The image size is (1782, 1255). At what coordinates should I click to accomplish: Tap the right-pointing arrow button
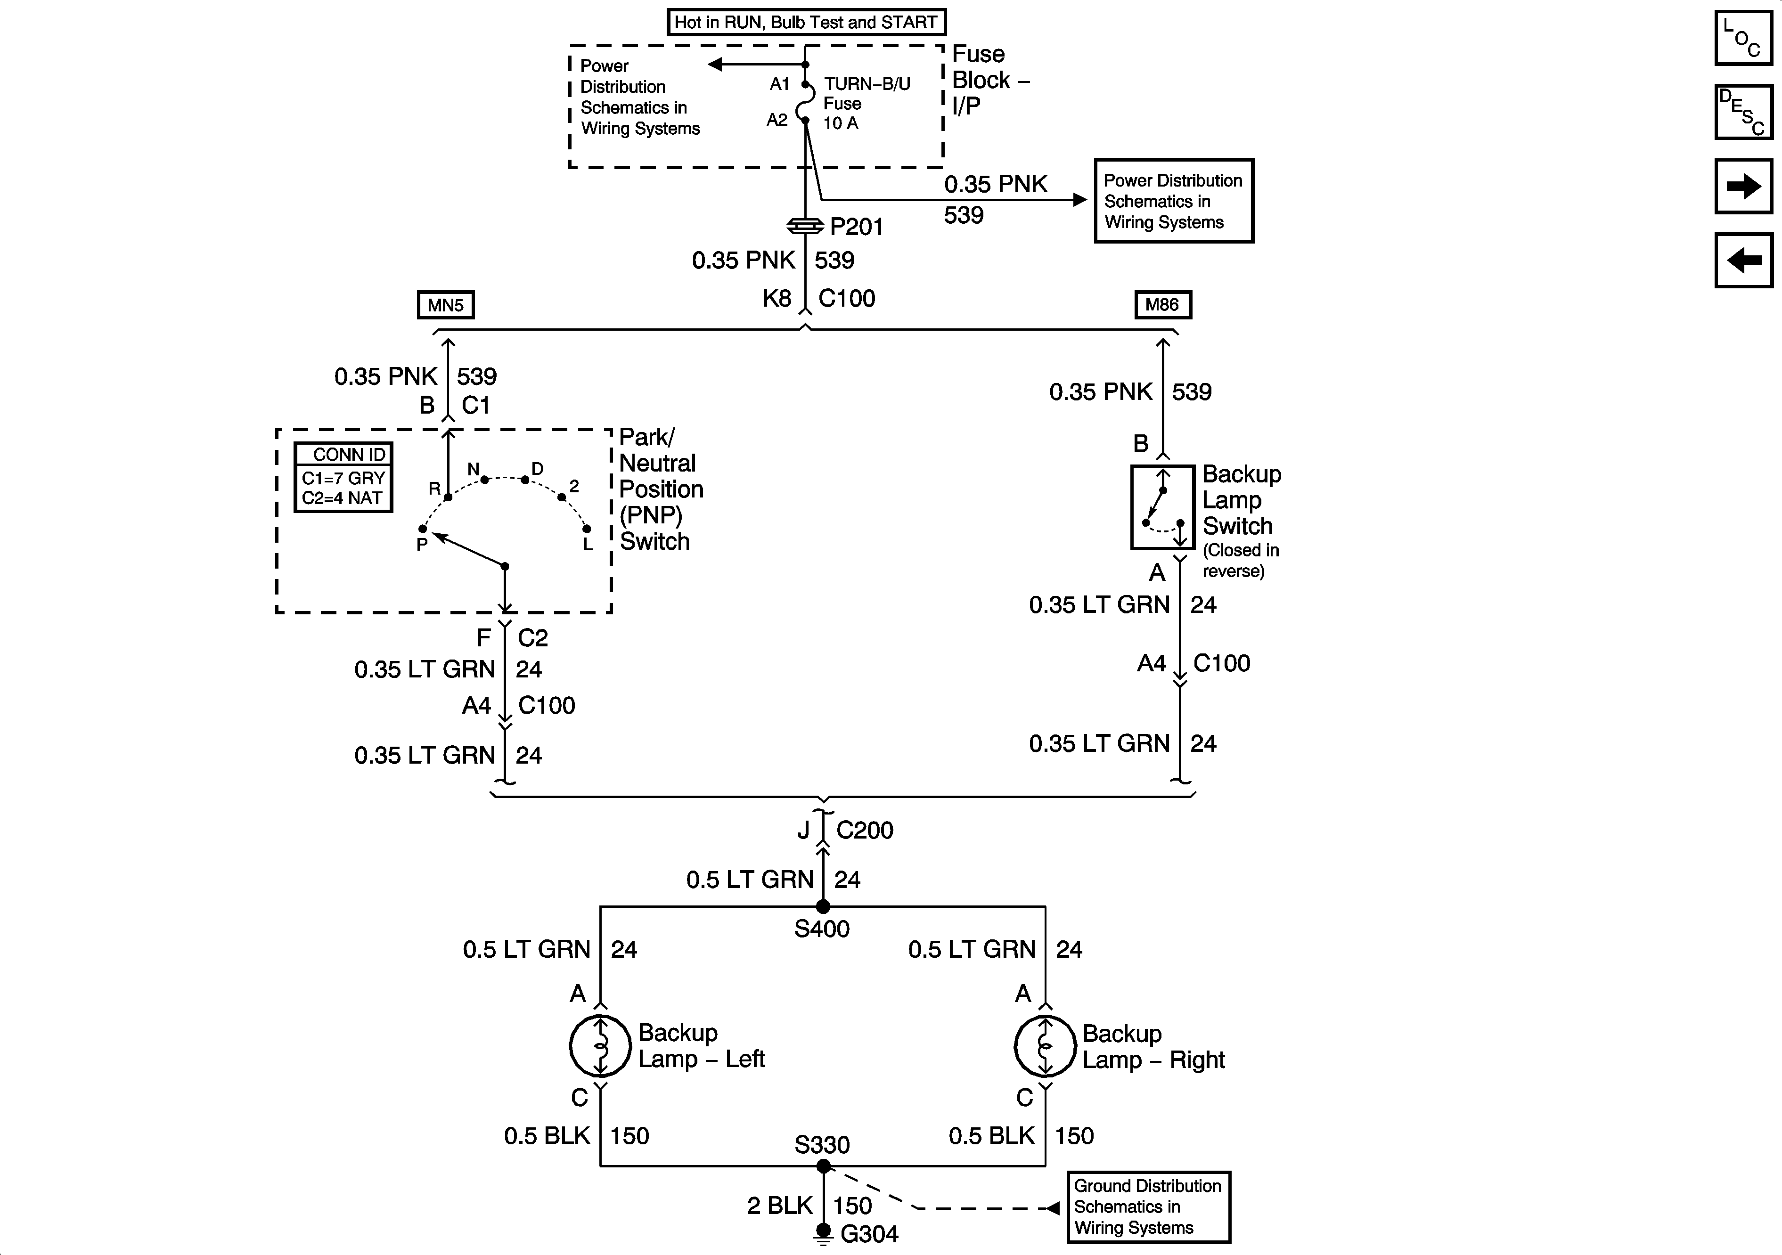[1743, 186]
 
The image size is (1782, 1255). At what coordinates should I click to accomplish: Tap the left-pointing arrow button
[1743, 260]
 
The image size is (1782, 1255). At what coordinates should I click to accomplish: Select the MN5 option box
[446, 305]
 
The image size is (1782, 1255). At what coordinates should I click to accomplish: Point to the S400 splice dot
[823, 906]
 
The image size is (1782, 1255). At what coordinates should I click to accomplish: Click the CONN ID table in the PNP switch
[343, 477]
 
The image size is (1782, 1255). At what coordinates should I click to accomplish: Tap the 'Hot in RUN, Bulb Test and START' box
[806, 22]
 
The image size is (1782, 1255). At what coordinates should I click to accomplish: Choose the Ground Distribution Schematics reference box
[1148, 1207]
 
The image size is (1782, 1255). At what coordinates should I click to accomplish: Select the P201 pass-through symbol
[806, 226]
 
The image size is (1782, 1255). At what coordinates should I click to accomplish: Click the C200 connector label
[865, 831]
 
